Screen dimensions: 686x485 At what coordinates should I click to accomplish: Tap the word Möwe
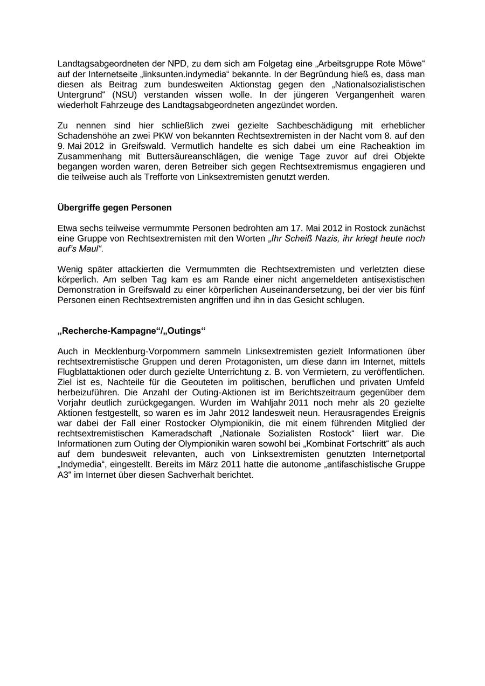pyautogui.click(x=412, y=64)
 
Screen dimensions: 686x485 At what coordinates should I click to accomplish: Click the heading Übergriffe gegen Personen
pyautogui.click(x=114, y=208)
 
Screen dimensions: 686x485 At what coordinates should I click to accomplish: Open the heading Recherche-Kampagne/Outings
pyautogui.click(x=131, y=331)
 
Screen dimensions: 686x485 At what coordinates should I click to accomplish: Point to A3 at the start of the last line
pyautogui.click(x=63, y=475)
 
